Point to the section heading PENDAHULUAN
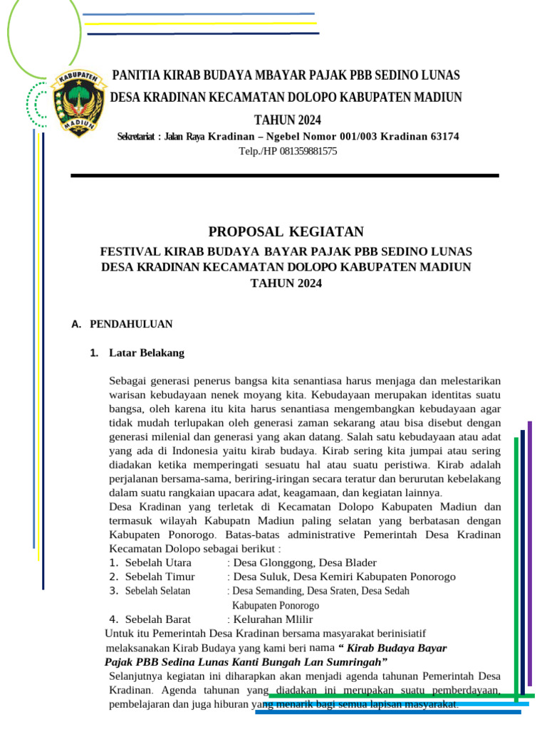tap(131, 324)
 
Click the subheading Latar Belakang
tap(147, 352)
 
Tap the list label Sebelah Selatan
tap(157, 591)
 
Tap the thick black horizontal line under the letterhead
tap(285, 175)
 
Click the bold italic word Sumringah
tap(350, 662)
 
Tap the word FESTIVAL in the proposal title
tap(133, 251)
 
